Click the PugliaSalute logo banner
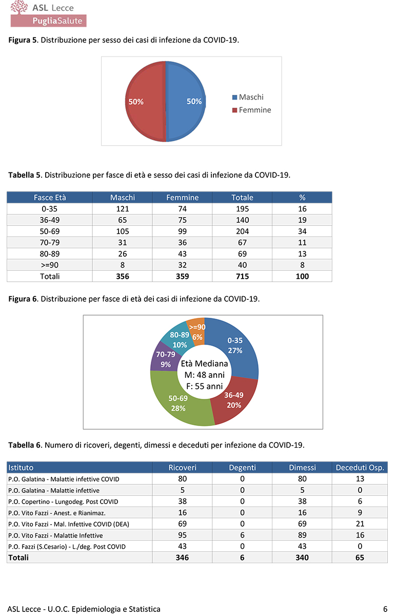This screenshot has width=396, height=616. (49, 21)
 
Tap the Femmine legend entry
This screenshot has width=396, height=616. (251, 110)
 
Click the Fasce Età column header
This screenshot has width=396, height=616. (50, 198)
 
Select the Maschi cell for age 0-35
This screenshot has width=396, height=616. (123, 209)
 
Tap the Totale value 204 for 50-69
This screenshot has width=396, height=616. (243, 232)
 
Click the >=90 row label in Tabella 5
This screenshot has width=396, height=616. (50, 265)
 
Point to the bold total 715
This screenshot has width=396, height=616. (243, 277)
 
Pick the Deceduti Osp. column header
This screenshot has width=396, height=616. (360, 468)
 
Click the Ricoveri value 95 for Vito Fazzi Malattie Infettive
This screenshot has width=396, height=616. (183, 535)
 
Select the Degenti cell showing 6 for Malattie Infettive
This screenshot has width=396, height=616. (242, 535)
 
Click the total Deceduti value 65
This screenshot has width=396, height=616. (360, 557)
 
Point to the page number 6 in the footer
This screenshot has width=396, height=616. (385, 609)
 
